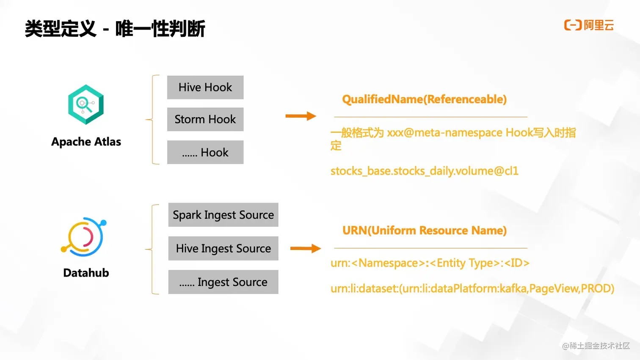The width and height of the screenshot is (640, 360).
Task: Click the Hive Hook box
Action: tap(205, 88)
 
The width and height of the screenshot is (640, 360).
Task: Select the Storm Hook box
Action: tap(205, 119)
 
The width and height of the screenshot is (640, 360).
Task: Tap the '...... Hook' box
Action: tap(205, 152)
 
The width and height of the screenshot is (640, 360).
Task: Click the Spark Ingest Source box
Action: tap(223, 215)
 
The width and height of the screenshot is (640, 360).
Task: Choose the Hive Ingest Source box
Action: tap(223, 248)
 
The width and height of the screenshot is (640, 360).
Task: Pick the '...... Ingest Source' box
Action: tap(223, 282)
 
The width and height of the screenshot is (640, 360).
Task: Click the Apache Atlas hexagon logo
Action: tap(86, 104)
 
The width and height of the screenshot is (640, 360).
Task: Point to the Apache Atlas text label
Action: tap(86, 142)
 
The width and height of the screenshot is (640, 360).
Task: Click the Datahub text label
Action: tap(86, 273)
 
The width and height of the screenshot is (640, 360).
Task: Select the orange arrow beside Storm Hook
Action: tap(301, 116)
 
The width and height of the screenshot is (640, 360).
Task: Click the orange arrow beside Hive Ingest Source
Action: tap(305, 248)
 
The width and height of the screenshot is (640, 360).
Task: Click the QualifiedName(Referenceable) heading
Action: tap(424, 99)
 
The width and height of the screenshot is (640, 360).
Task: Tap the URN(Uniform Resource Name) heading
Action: tap(424, 231)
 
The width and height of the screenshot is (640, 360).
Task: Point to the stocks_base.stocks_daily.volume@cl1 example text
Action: tap(424, 171)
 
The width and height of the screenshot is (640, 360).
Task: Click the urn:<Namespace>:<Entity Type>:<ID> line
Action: tap(430, 263)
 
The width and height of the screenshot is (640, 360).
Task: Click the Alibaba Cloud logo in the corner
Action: tap(589, 25)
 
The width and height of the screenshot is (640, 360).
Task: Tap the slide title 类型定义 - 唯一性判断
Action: tap(115, 29)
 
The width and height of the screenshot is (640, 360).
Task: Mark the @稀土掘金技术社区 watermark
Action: tap(596, 346)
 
